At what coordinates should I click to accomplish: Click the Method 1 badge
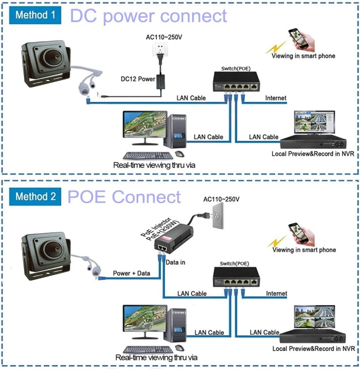[35, 15]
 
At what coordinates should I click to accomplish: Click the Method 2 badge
[35, 196]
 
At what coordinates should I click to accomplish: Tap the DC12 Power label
[138, 78]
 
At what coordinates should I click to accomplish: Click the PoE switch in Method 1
[235, 82]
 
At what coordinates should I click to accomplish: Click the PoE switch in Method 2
[235, 277]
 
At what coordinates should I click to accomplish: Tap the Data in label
[175, 262]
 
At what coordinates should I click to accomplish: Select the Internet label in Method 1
[276, 98]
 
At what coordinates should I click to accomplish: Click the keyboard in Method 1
[149, 156]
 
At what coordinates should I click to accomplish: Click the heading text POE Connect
[124, 197]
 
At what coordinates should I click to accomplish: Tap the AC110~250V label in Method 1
[164, 37]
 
